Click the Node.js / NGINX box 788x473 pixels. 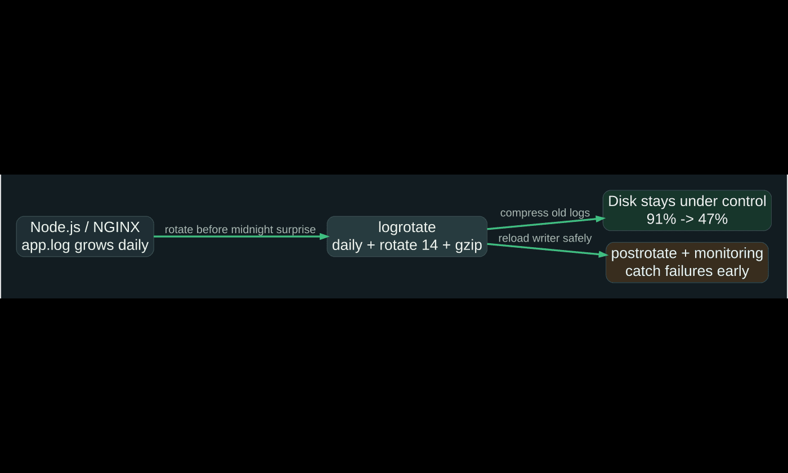click(x=85, y=236)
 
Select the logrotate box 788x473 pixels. click(x=407, y=236)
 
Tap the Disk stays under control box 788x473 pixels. click(x=687, y=210)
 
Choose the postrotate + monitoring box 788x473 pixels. click(x=687, y=262)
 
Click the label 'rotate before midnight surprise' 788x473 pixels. click(x=240, y=230)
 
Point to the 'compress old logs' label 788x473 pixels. click(x=545, y=213)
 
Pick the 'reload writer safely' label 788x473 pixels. click(x=545, y=238)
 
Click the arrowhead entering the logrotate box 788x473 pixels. click(x=324, y=236)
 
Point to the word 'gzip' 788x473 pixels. click(x=468, y=246)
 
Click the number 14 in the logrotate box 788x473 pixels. click(x=429, y=246)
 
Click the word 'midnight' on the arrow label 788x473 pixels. click(x=252, y=230)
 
